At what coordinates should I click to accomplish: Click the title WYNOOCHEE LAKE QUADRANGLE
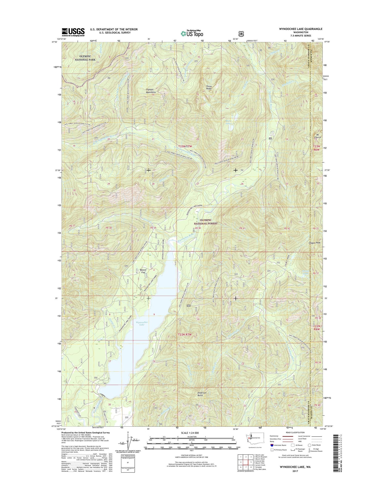click(301, 29)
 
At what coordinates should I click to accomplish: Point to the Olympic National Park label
click(85, 58)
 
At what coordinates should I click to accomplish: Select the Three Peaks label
click(209, 88)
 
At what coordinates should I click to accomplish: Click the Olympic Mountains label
click(151, 91)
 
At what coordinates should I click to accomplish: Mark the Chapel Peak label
click(315, 243)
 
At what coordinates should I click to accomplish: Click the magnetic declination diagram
click(126, 441)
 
